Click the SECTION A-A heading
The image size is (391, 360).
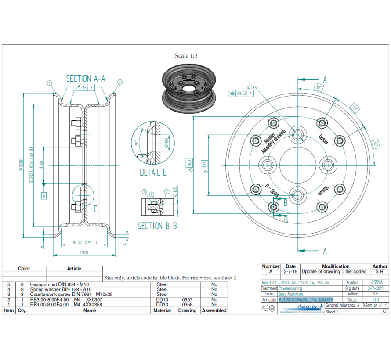85,79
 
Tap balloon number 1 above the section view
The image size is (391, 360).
50,83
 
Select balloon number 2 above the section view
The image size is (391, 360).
120,82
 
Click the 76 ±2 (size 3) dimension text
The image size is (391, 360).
84,242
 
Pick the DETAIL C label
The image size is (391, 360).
153,173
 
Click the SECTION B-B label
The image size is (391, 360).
157,226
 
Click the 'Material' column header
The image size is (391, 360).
162,310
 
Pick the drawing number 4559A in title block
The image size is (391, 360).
377,283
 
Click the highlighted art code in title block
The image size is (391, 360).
305,299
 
